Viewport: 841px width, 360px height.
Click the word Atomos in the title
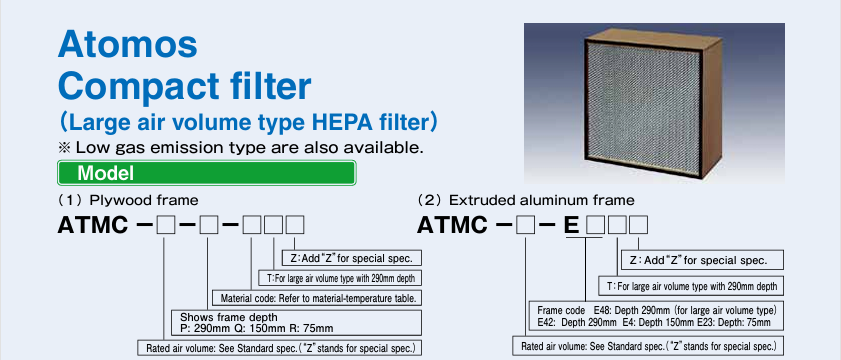[x=128, y=44]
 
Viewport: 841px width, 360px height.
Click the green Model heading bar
[x=206, y=173]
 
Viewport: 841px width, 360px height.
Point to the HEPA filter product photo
[x=654, y=102]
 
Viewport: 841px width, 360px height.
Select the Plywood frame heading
[x=128, y=201]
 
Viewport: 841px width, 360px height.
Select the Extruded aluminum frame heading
[x=526, y=201]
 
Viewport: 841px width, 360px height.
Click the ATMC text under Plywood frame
[x=93, y=225]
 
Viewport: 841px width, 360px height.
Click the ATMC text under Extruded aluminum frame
[x=453, y=225]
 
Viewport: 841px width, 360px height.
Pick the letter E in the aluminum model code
[x=572, y=225]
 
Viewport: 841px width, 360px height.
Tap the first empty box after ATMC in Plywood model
[x=166, y=225]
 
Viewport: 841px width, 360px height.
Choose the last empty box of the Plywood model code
[x=295, y=225]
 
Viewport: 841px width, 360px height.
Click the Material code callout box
[x=317, y=298]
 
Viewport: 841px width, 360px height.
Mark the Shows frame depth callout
[x=296, y=322]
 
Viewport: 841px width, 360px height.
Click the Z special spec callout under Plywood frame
[x=351, y=258]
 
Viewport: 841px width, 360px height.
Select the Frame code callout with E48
[x=656, y=317]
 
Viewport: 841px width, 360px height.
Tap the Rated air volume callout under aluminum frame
[x=648, y=346]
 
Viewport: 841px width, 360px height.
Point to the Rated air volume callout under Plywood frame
[x=279, y=348]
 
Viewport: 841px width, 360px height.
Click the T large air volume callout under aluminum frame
[x=691, y=286]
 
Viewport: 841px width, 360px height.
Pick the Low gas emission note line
[x=241, y=147]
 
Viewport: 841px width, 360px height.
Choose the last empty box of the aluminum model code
[x=638, y=225]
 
